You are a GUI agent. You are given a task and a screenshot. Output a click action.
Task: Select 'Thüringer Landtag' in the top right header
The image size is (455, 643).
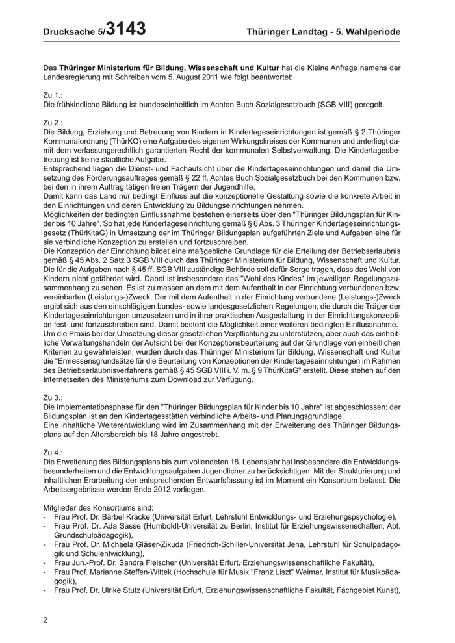click(285, 31)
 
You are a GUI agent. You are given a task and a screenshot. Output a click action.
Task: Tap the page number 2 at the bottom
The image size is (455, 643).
click(45, 620)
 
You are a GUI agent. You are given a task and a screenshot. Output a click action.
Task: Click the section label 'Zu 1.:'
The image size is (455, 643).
click(53, 95)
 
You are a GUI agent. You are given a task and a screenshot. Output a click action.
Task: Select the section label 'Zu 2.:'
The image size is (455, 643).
click(53, 123)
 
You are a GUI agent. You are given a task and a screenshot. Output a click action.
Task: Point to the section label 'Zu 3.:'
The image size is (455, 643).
click(53, 396)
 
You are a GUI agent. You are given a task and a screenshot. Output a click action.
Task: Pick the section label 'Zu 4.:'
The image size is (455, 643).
click(53, 451)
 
